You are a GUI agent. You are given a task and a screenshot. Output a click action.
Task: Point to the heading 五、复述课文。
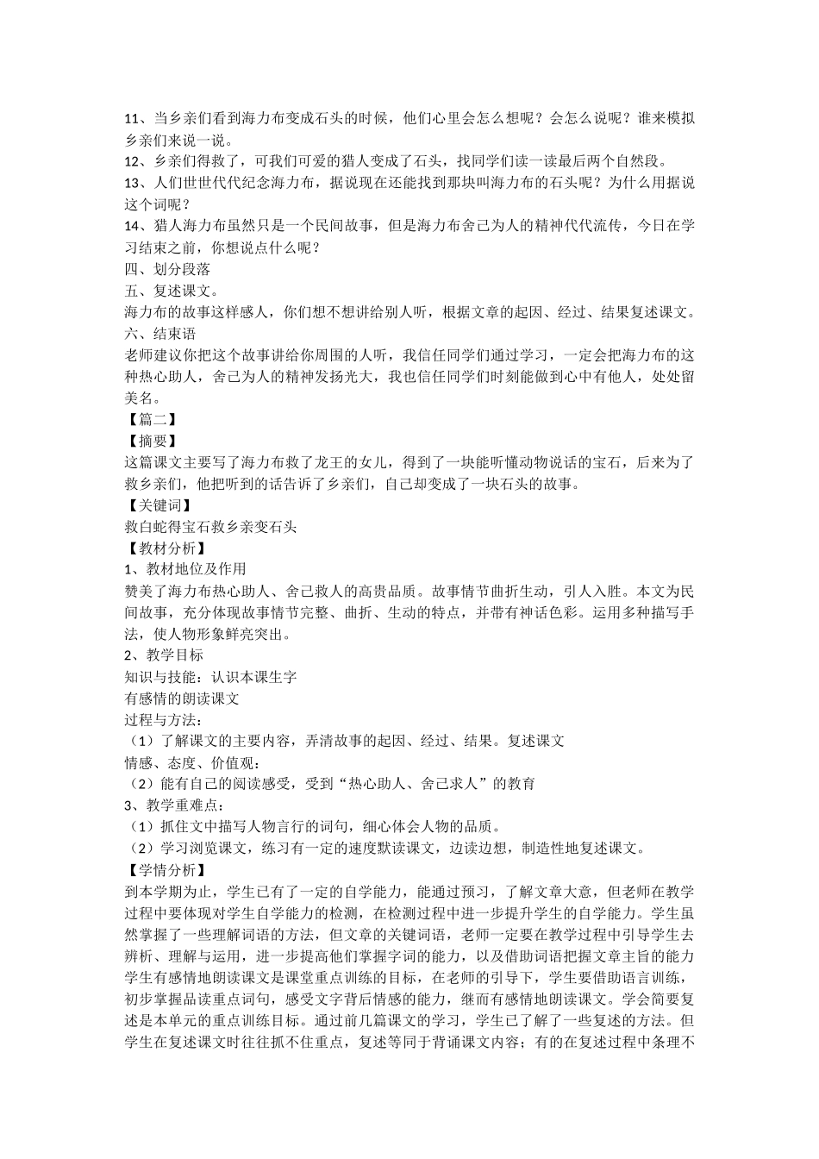point(172,291)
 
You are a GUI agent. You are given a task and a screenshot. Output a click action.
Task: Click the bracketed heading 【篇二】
point(153,419)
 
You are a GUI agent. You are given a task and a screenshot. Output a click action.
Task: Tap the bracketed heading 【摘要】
point(153,441)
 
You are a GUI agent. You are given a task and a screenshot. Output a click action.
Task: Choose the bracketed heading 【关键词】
point(159,505)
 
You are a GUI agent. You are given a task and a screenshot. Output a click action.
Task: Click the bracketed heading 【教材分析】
point(166,548)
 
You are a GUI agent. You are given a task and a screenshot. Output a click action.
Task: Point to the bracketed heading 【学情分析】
point(166,869)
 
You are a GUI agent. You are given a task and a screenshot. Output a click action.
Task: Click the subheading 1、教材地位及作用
point(185,569)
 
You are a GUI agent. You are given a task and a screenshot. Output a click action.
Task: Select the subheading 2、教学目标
point(164,655)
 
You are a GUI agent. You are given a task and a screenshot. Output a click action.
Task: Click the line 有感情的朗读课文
point(182,698)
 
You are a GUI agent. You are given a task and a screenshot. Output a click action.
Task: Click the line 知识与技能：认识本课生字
point(210,677)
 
